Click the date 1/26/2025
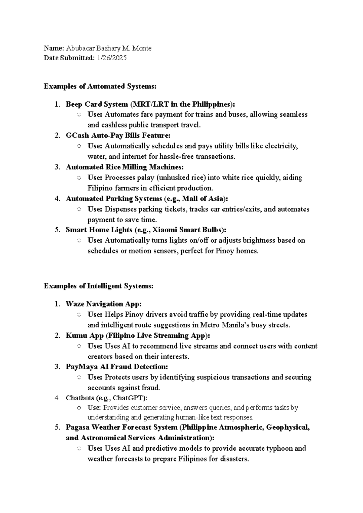112,58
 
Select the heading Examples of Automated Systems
100,86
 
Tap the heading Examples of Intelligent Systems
99,286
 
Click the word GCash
77,135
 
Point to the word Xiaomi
165,230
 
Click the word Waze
75,304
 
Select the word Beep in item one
74,104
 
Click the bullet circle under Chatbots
79,408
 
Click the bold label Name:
54,48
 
